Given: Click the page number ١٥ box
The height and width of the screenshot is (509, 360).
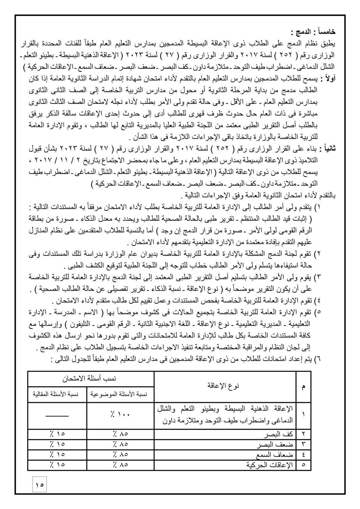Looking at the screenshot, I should pos(40,484).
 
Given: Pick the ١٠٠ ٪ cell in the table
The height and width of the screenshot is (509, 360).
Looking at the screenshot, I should pos(120,415).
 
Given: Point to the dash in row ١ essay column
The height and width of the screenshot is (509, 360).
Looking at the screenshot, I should pos(57,415).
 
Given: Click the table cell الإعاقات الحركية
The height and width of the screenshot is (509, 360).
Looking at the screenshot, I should pos(269,465).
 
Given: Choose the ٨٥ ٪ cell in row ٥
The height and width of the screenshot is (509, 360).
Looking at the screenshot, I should pos(120,465).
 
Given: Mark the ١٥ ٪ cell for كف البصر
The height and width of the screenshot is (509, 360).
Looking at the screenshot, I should pos(57,434).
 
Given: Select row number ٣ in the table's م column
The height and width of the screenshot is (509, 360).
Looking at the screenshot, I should pos(303,444).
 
